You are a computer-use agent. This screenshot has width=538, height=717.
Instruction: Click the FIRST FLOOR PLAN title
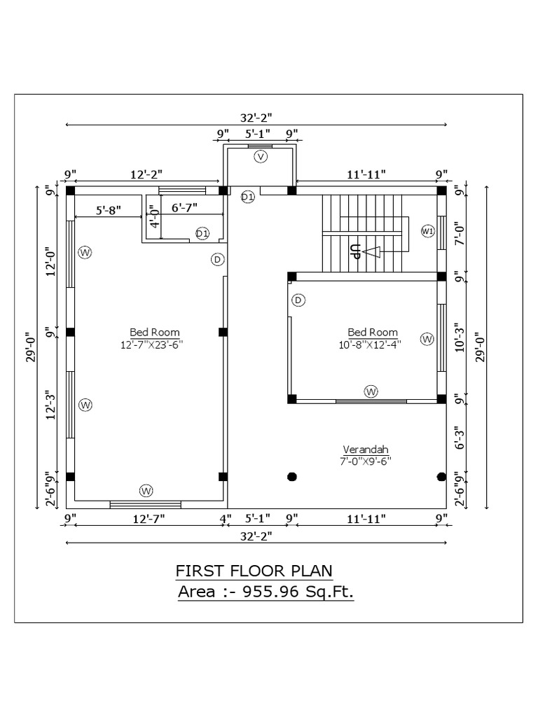tap(254, 571)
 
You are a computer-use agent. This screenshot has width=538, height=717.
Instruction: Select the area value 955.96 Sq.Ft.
tap(298, 592)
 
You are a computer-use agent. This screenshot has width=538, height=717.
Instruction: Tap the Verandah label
tap(365, 449)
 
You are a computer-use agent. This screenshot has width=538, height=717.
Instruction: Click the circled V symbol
tap(261, 157)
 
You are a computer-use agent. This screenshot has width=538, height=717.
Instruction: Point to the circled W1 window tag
tap(427, 230)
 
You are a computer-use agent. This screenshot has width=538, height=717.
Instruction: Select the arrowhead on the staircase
tap(372, 252)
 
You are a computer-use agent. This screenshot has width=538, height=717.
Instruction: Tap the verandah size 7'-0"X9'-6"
tap(365, 461)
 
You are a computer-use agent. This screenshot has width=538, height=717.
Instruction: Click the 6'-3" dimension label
tap(460, 438)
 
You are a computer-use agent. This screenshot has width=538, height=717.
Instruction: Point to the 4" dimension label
tap(225, 519)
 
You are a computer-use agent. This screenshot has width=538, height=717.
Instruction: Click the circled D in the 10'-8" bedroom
tap(298, 300)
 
